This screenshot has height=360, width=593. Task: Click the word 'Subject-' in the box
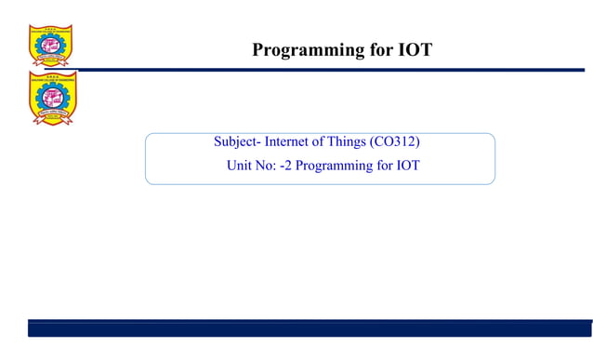tap(237, 142)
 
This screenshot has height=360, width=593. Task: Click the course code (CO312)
tap(402, 142)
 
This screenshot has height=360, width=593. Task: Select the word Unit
tap(240, 166)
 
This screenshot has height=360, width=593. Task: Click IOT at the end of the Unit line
tap(407, 166)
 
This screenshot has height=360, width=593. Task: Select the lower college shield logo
tap(52, 98)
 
